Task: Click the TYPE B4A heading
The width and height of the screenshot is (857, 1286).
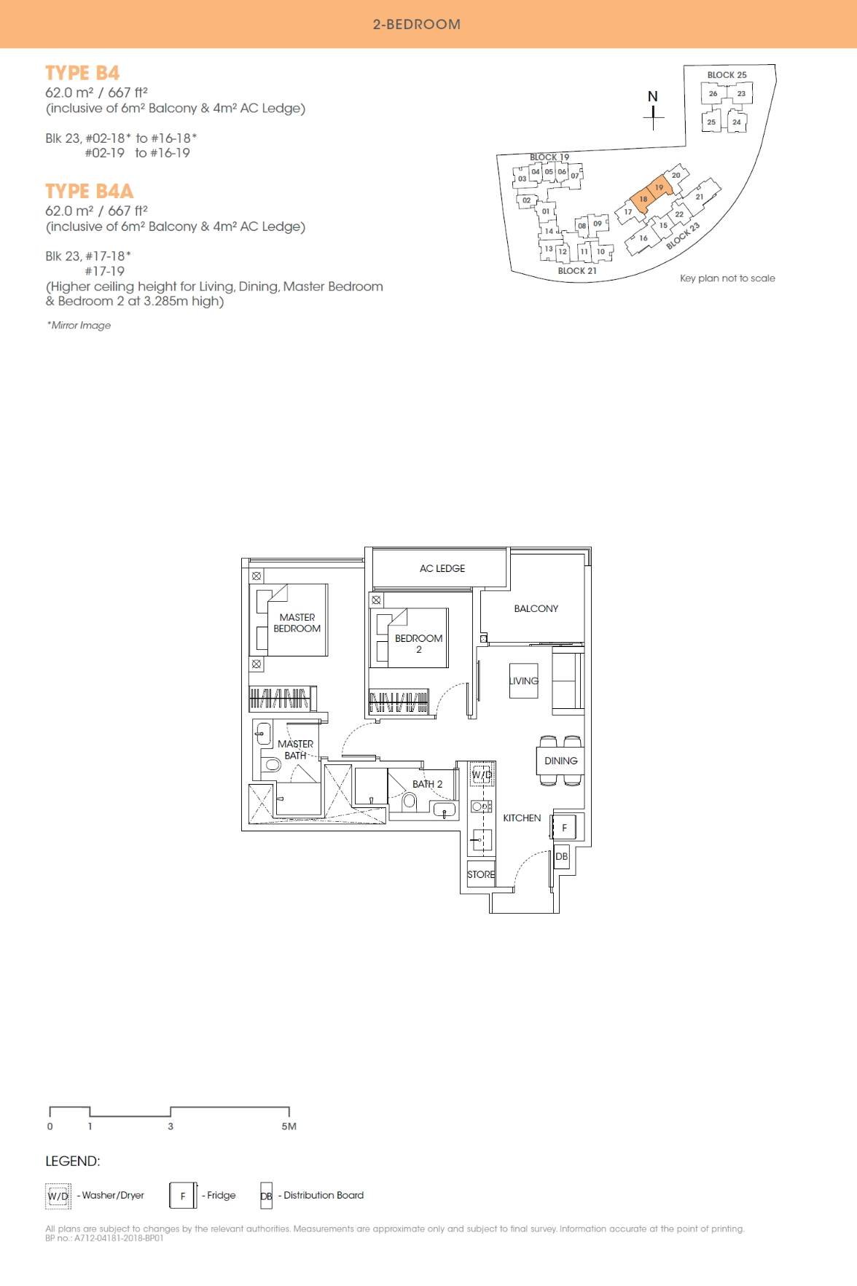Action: point(90,191)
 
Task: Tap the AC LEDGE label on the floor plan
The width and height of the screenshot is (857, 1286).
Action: point(442,568)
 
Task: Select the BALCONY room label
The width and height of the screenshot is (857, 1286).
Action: point(536,608)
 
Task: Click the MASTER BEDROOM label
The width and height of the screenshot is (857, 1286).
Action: point(297,623)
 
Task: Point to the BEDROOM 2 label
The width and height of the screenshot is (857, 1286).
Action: point(418,643)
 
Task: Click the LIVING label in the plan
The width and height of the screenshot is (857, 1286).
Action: point(524,681)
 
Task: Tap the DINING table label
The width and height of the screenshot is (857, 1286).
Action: point(560,761)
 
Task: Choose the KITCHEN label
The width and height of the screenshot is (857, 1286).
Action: point(522,818)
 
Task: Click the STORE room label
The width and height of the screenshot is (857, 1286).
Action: point(481,874)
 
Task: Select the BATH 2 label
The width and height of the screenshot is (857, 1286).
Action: point(427,784)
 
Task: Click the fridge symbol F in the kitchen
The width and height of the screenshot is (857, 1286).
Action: point(564,828)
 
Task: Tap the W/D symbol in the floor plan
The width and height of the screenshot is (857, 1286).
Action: point(482,775)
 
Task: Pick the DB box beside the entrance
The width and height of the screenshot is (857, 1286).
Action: point(561,856)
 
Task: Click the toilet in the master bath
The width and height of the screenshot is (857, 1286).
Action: point(272,764)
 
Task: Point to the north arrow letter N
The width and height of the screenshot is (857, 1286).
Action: point(653,96)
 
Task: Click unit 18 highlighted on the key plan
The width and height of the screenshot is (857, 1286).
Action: point(643,199)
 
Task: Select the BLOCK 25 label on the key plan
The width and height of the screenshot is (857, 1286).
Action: point(727,75)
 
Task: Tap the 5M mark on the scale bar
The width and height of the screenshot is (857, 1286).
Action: point(289,1126)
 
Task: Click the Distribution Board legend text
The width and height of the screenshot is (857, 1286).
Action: point(323,1195)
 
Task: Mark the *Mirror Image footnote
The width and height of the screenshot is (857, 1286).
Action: point(79,325)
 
